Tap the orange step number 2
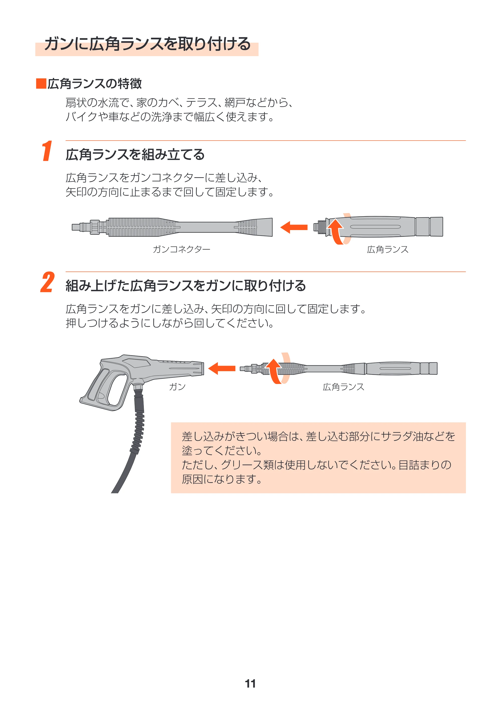[x=48, y=282]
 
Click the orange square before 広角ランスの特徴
[x=41, y=84]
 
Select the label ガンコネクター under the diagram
[x=182, y=249]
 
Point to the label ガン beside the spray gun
[x=177, y=387]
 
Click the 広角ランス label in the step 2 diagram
[x=344, y=387]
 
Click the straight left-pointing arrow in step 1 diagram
[x=294, y=227]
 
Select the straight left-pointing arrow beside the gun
[x=222, y=368]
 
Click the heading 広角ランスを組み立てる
[x=135, y=154]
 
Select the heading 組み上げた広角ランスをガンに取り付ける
[x=186, y=286]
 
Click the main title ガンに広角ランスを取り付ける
[x=147, y=44]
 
